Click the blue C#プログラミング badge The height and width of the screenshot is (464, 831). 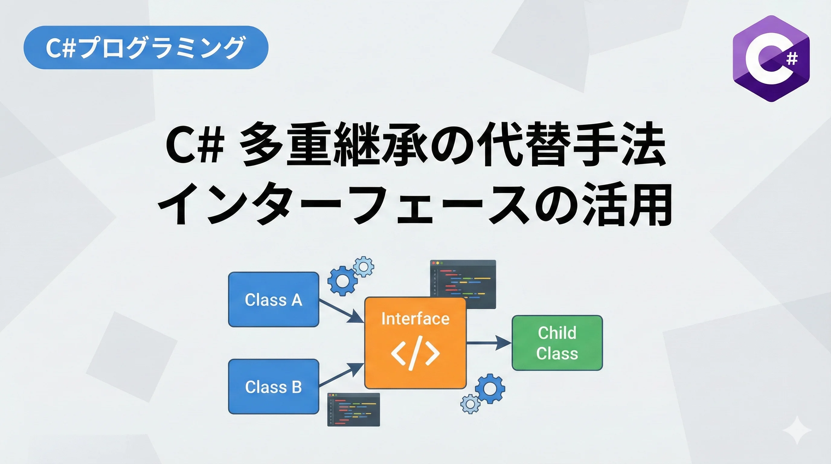[146, 47]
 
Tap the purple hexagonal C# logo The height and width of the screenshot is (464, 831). [771, 59]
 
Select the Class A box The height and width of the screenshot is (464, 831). [274, 299]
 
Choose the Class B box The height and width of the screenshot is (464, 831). [274, 387]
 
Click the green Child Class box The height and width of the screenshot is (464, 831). [557, 343]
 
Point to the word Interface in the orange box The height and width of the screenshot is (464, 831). [415, 319]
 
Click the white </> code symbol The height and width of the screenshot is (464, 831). [415, 353]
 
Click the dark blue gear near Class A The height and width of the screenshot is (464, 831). [342, 280]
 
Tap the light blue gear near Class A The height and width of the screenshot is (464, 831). [364, 267]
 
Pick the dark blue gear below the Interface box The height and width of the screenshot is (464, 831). [490, 388]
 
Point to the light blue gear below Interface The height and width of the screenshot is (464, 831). [470, 404]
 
